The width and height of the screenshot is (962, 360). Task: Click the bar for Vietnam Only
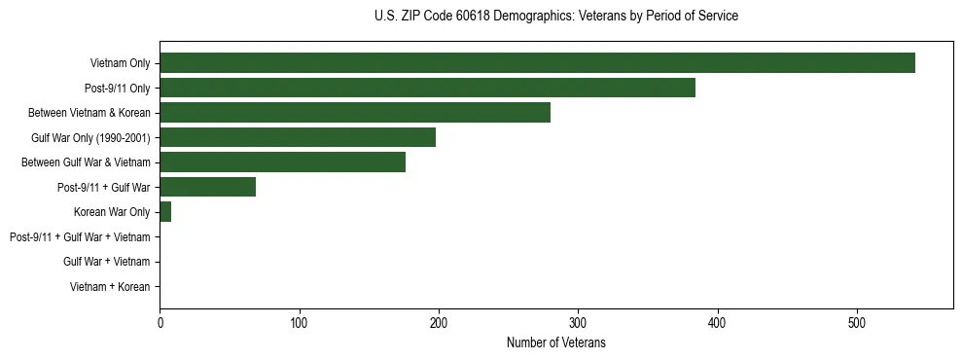[x=537, y=63]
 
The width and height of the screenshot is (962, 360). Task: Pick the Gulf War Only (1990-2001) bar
[x=298, y=137]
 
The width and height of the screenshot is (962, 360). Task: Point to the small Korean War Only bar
[x=165, y=211]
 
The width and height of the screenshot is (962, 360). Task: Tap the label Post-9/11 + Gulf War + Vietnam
[x=80, y=236]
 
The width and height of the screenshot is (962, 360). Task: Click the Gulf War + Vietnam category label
[x=107, y=261]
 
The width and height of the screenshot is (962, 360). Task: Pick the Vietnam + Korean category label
[x=110, y=286]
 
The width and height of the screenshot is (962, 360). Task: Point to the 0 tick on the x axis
[x=160, y=322]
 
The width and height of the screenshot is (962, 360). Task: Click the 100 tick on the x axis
[x=299, y=322]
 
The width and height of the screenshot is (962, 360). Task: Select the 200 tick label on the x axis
[x=439, y=322]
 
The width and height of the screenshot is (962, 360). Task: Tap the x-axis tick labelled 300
[x=578, y=322]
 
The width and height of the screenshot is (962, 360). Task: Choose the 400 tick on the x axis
[x=718, y=322]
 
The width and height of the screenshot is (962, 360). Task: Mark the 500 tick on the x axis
[x=857, y=322]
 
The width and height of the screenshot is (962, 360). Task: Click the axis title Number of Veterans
[x=555, y=343]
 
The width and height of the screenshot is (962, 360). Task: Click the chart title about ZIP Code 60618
[x=555, y=17]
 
